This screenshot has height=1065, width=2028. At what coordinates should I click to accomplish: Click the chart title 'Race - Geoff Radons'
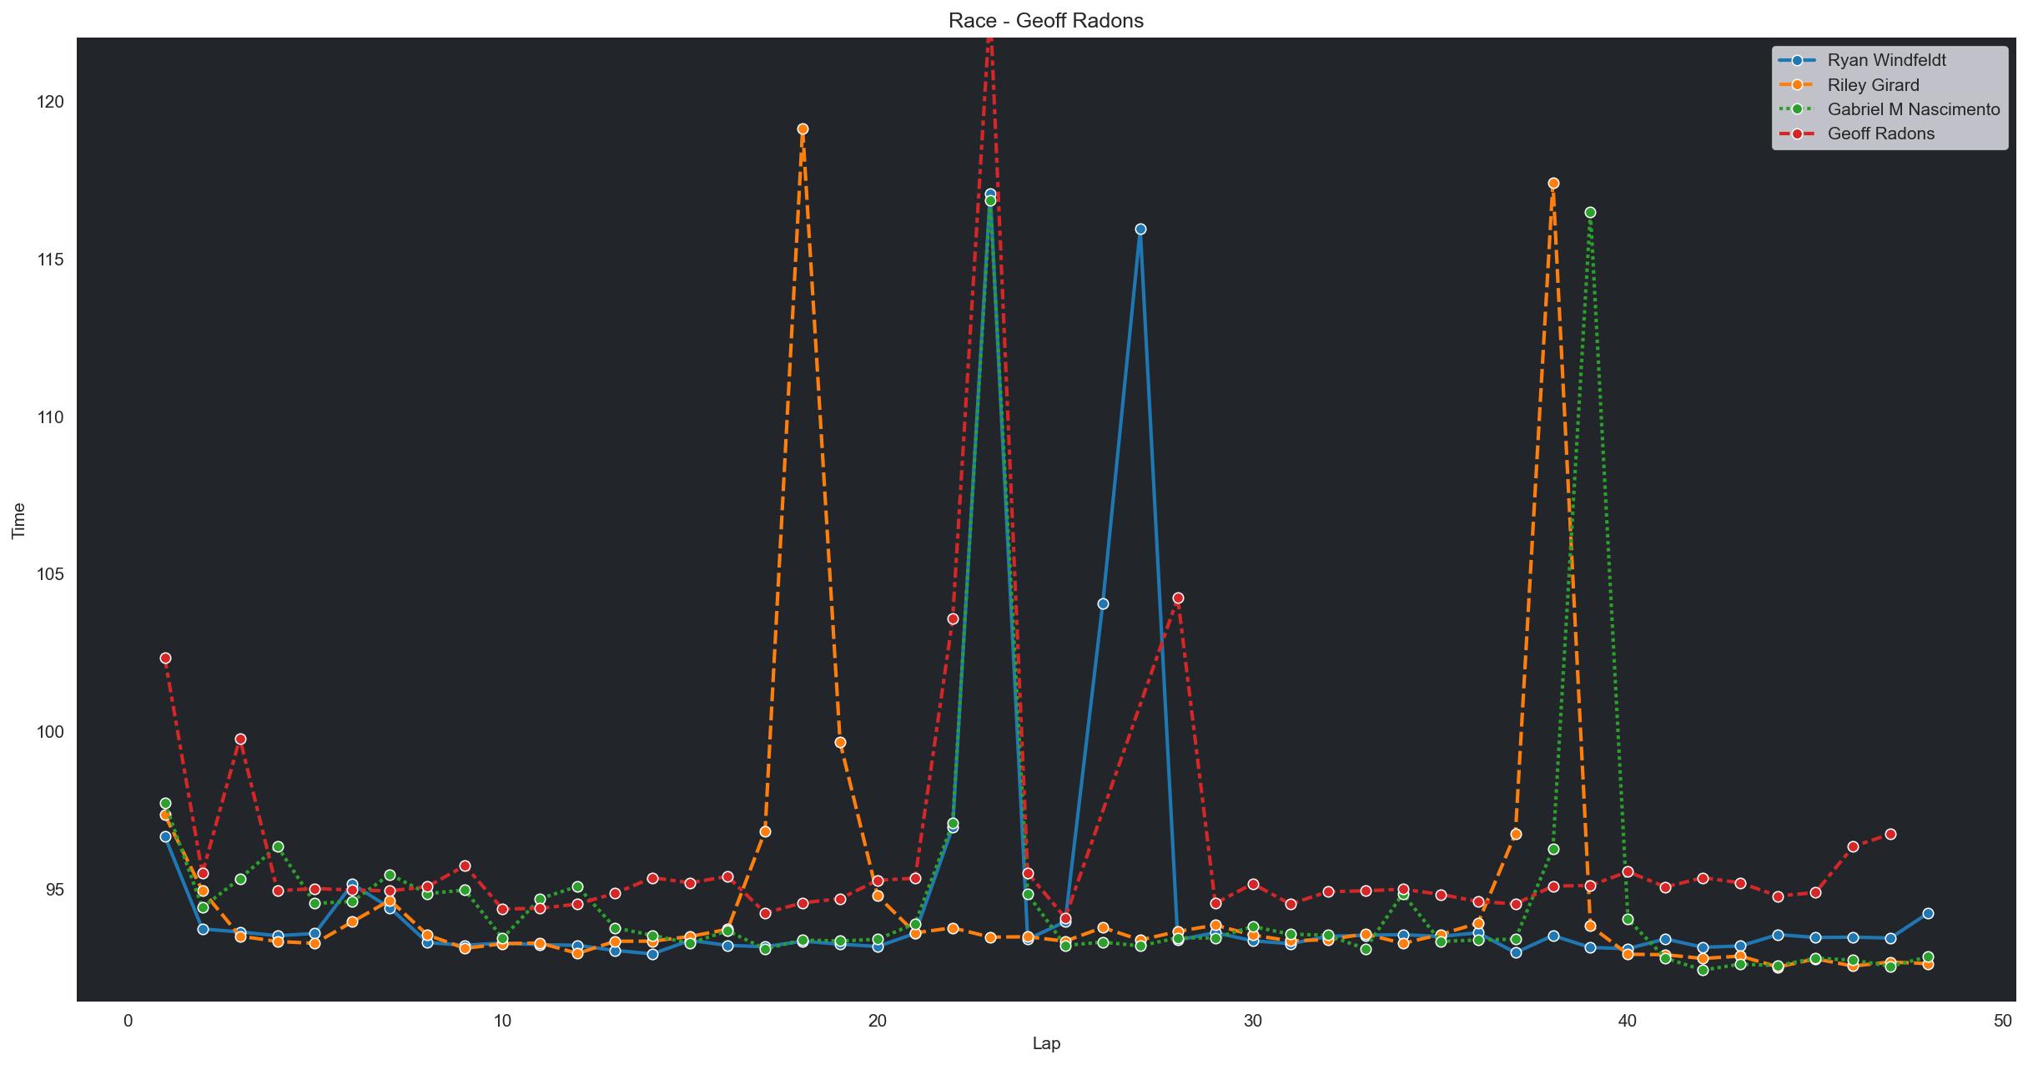click(1046, 21)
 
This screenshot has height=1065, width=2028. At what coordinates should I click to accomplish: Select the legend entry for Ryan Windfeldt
click(1874, 60)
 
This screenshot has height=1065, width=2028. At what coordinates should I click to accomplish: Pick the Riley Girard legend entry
click(1860, 84)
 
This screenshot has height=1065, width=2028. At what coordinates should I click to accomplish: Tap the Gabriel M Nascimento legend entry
click(1890, 109)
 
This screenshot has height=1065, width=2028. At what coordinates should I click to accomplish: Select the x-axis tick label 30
click(1252, 1022)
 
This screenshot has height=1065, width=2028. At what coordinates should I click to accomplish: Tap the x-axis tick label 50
click(2002, 1022)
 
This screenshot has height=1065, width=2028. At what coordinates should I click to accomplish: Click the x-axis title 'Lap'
click(1046, 1044)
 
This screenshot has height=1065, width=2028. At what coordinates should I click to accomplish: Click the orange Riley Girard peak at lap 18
click(803, 129)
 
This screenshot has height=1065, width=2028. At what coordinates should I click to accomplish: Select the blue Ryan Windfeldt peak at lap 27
click(1140, 230)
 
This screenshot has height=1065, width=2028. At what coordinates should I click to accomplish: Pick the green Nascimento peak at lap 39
click(1590, 213)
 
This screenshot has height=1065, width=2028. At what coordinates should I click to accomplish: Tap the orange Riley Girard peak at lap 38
click(1553, 184)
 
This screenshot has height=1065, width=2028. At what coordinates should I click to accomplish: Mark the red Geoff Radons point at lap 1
click(165, 659)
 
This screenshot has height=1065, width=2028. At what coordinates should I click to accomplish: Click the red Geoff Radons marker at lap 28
click(1178, 598)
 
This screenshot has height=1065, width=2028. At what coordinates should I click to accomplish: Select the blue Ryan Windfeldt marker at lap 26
click(1103, 604)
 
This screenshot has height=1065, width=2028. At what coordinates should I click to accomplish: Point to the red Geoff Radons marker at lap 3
click(240, 739)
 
